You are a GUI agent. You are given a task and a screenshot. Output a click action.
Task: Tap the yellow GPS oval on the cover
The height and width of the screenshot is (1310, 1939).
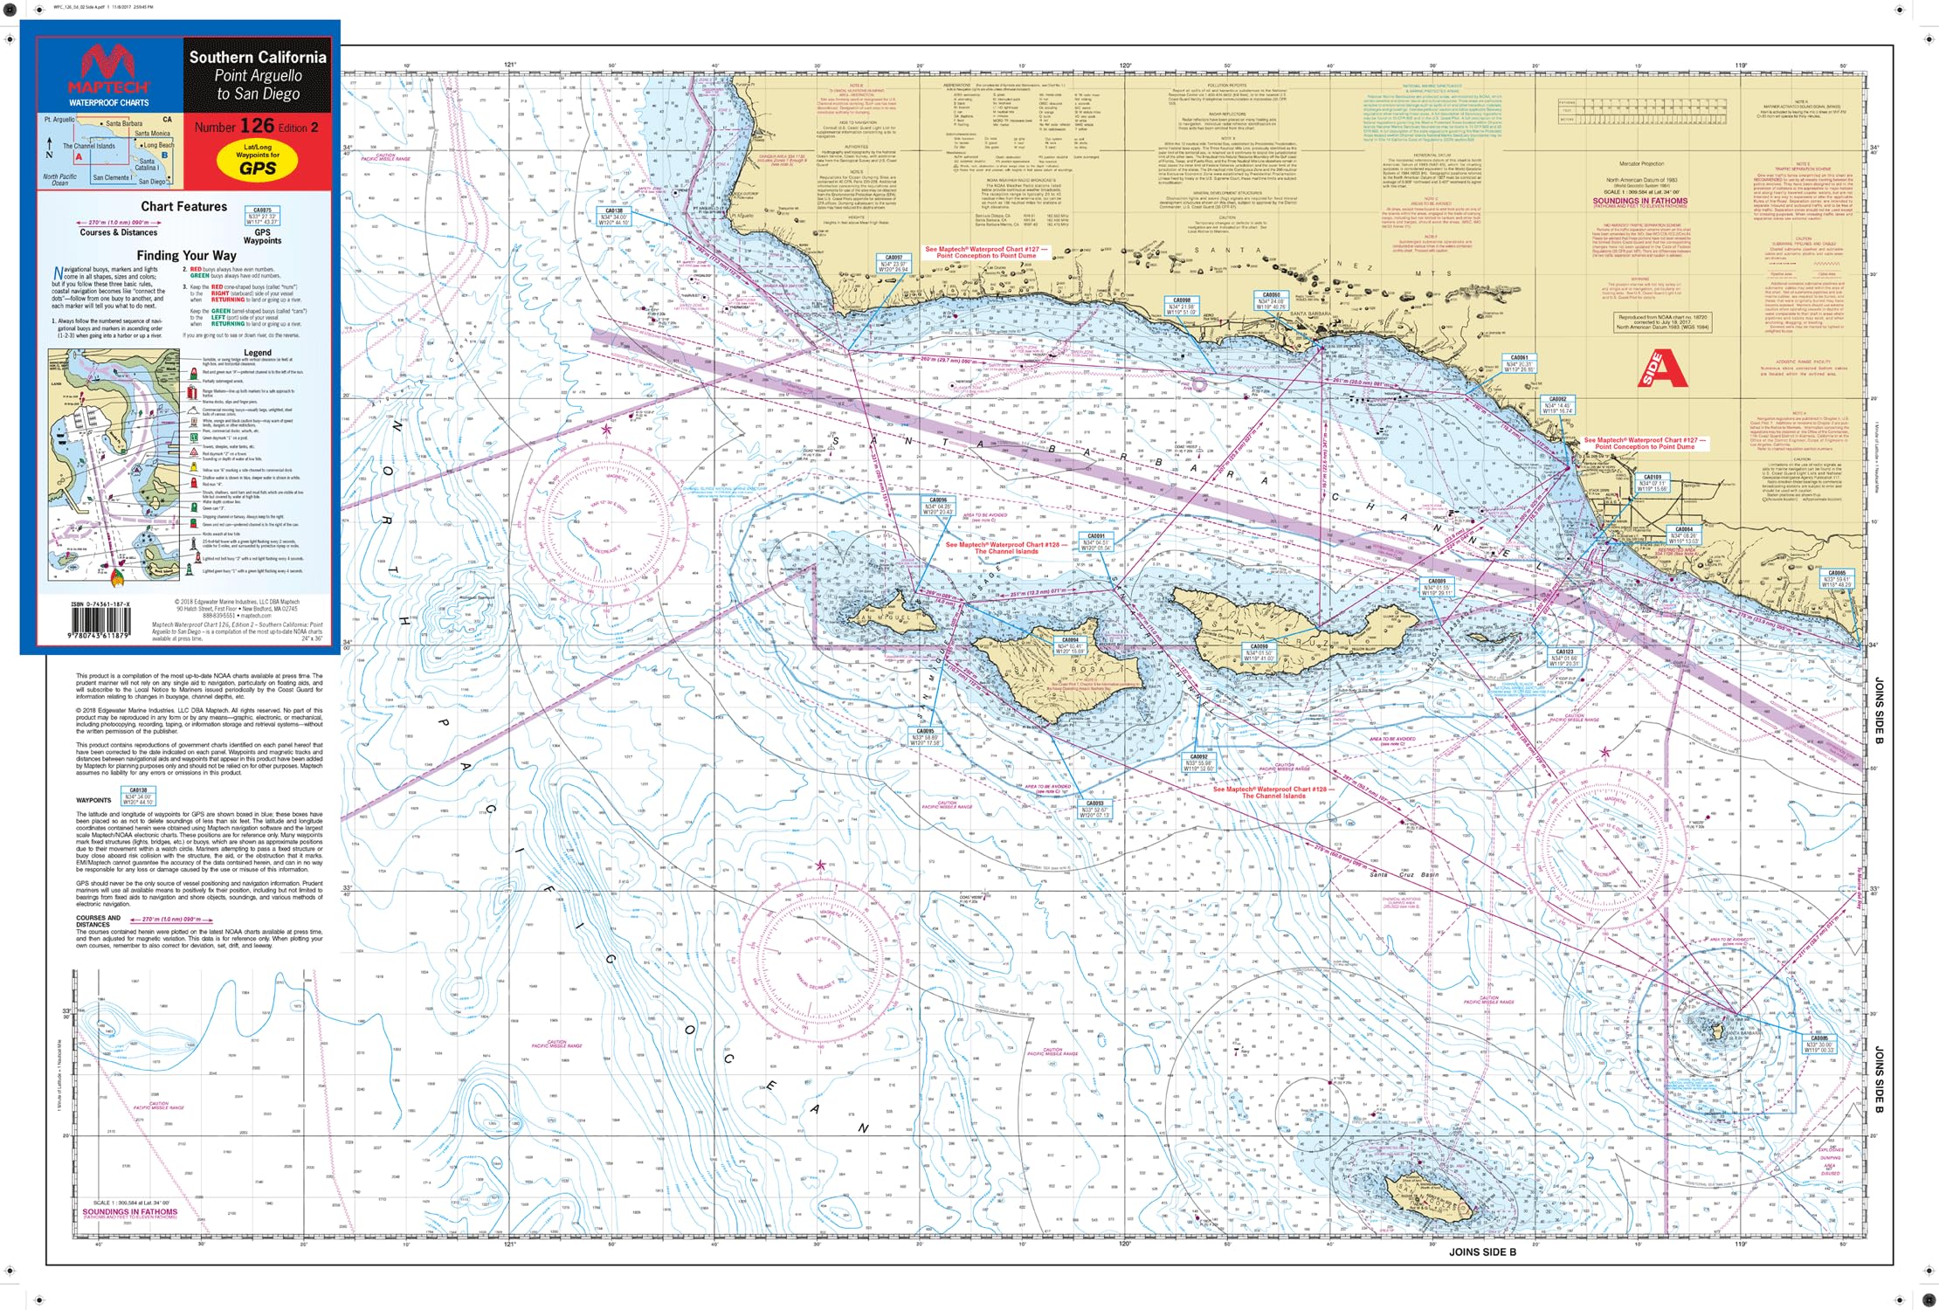click(258, 161)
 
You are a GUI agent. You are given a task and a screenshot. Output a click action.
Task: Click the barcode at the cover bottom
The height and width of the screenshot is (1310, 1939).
click(100, 622)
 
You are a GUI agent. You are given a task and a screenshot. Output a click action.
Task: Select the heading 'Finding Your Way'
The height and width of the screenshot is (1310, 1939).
click(186, 256)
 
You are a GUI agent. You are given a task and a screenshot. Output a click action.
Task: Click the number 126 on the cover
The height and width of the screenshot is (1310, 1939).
click(258, 126)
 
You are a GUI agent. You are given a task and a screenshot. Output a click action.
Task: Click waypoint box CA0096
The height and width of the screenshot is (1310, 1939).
click(937, 506)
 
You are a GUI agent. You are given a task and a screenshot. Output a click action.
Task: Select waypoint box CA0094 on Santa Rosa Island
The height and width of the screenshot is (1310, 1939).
click(1070, 645)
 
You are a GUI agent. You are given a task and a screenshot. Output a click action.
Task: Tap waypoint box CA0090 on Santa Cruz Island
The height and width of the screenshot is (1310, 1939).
click(1259, 652)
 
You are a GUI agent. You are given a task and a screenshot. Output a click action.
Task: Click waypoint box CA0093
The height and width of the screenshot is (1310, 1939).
click(1094, 808)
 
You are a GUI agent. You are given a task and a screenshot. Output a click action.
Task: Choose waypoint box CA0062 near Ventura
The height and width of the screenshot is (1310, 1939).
click(1557, 403)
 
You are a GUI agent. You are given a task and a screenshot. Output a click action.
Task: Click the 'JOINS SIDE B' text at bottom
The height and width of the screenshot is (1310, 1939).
click(1482, 1251)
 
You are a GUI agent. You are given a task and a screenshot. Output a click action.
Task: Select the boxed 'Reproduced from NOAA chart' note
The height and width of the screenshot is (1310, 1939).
click(1662, 322)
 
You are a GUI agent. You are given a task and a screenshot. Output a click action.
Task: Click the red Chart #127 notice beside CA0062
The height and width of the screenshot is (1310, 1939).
click(1645, 444)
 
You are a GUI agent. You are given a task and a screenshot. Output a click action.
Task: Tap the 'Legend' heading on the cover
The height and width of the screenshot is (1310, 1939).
click(257, 353)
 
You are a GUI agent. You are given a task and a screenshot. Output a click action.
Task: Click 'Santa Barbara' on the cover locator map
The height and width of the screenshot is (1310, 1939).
click(124, 124)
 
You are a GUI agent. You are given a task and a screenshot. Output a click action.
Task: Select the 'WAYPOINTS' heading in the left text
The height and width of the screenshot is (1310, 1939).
click(93, 800)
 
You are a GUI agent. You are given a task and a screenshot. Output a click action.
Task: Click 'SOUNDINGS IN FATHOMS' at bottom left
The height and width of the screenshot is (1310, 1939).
click(129, 1211)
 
